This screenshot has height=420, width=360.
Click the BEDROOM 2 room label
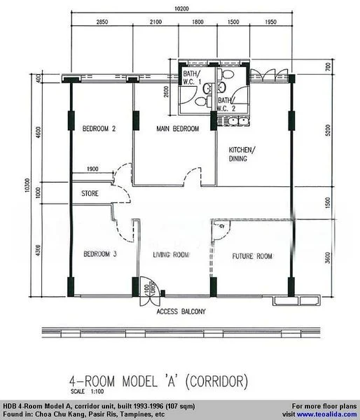click(99, 129)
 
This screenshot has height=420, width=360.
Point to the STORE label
click(90, 193)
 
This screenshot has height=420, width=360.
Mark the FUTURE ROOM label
click(252, 256)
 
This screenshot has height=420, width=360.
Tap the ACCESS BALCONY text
click(181, 312)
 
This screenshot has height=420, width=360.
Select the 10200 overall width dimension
click(181, 10)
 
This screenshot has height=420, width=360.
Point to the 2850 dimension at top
click(102, 22)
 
